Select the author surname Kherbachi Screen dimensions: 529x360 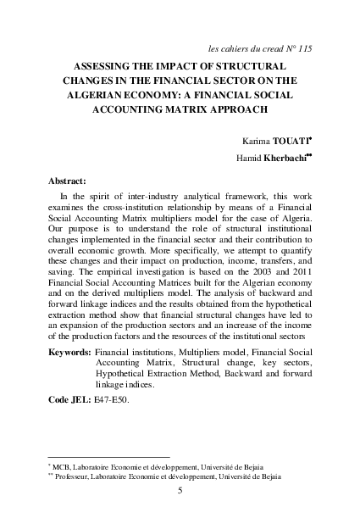(285, 159)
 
